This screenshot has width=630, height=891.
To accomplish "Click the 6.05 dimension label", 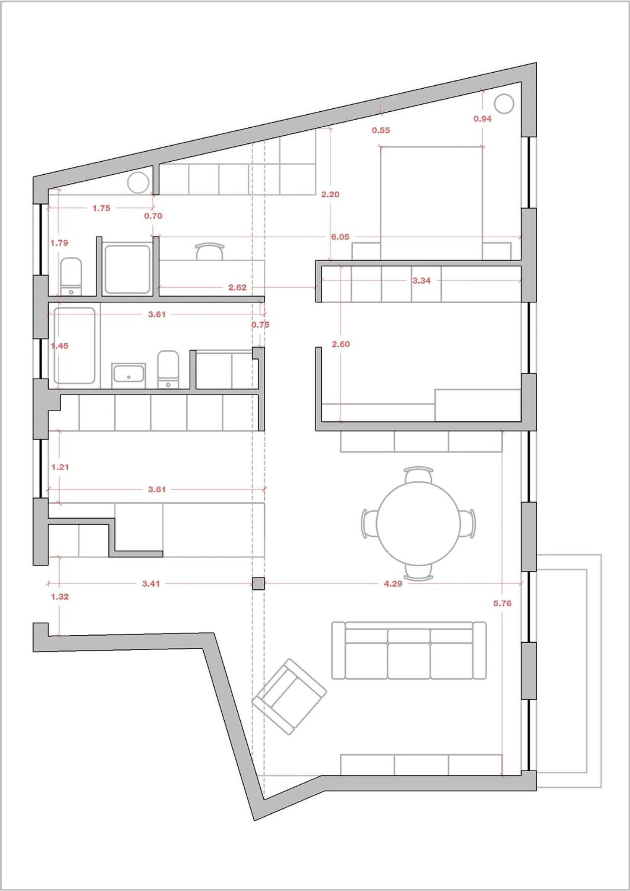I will click(x=340, y=237).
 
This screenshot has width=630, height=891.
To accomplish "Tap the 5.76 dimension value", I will click(x=502, y=603).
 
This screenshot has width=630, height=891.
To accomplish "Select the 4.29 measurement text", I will click(x=393, y=583).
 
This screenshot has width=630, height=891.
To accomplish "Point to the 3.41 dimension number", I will click(x=151, y=583).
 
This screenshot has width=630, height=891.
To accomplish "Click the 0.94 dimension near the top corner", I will click(x=483, y=119).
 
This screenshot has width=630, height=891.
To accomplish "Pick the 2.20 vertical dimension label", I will click(x=330, y=194).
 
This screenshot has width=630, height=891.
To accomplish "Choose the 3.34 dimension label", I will click(x=421, y=281).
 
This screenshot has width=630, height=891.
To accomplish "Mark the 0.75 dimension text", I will click(x=260, y=325).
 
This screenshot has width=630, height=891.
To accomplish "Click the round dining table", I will click(x=418, y=523).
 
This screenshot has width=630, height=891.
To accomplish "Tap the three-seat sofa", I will click(x=409, y=651).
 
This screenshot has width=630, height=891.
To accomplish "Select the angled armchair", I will click(x=289, y=697).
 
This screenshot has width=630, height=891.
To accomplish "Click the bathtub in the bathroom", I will click(x=74, y=346).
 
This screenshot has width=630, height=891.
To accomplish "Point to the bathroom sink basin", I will click(x=129, y=374).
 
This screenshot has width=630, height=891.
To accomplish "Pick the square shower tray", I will click(x=127, y=269).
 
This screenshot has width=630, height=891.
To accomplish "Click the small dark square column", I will click(x=258, y=583).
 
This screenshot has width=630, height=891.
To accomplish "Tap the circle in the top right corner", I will click(x=504, y=103).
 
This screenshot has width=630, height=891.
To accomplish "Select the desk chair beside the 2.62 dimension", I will click(x=210, y=251).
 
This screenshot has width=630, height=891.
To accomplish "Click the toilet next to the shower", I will click(x=71, y=276).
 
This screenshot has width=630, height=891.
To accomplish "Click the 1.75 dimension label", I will click(x=101, y=208).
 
